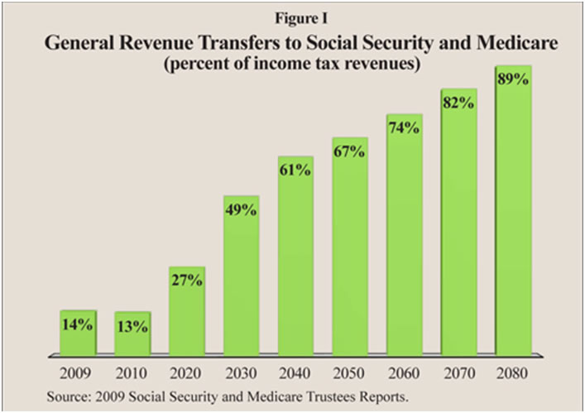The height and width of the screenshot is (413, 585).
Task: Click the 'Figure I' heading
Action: pos(292,17)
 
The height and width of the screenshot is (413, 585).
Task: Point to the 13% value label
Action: pos(132,327)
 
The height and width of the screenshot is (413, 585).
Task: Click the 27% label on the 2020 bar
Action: pos(186,281)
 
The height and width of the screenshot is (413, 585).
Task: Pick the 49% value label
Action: pos(241,209)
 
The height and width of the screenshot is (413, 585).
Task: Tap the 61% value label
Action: pos(295,170)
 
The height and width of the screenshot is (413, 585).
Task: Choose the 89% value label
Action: pos(514,80)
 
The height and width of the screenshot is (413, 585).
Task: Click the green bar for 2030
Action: pos(241,281)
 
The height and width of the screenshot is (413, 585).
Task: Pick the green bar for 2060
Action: pos(405,248)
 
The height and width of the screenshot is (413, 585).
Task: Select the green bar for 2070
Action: pos(459,232)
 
